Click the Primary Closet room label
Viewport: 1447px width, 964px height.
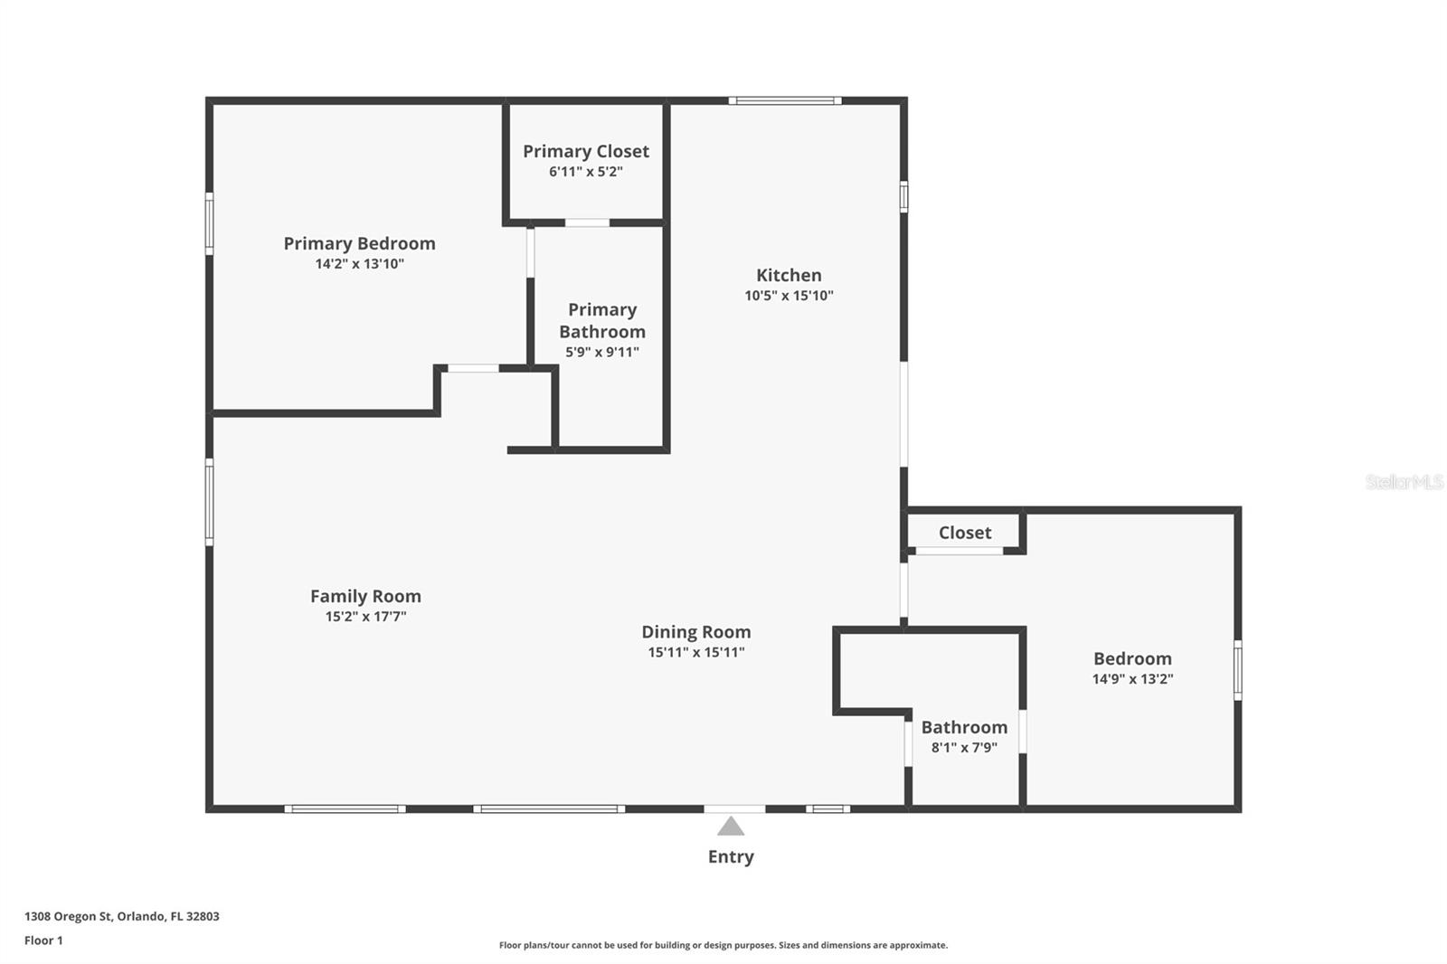[x=585, y=151]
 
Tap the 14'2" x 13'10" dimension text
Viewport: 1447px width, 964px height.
[x=359, y=264]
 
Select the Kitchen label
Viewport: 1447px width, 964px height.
[x=789, y=275]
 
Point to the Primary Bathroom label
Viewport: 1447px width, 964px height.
[x=602, y=320]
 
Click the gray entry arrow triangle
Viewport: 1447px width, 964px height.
[x=731, y=827]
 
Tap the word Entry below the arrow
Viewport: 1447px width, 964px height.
[x=731, y=856]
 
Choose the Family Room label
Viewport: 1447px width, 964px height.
[x=365, y=596]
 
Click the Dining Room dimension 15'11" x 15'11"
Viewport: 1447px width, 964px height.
[x=695, y=652]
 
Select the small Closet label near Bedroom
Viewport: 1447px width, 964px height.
[x=964, y=533]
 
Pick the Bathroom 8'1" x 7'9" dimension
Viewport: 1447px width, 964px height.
[x=964, y=748]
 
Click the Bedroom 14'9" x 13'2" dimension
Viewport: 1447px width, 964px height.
[x=1132, y=679]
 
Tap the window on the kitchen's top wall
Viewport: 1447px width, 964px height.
[x=784, y=100]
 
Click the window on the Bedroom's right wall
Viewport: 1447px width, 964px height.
[x=1237, y=669]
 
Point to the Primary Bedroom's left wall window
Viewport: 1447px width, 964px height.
[x=209, y=222]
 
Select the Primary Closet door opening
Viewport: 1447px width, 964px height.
[x=587, y=222]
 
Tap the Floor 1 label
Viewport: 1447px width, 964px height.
[x=43, y=940]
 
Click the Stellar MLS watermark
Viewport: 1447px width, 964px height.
[x=1404, y=482]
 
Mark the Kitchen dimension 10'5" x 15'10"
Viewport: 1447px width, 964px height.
[x=789, y=296]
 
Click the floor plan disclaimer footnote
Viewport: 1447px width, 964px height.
[x=723, y=945]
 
